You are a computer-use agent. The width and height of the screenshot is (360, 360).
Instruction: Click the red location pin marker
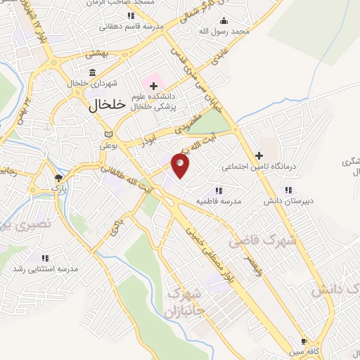181,165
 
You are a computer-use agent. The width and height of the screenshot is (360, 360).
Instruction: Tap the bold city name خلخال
108,103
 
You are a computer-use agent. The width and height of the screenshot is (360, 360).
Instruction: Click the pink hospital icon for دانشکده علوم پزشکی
153,86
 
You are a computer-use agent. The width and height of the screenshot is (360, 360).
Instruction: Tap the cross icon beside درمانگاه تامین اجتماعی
259,155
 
